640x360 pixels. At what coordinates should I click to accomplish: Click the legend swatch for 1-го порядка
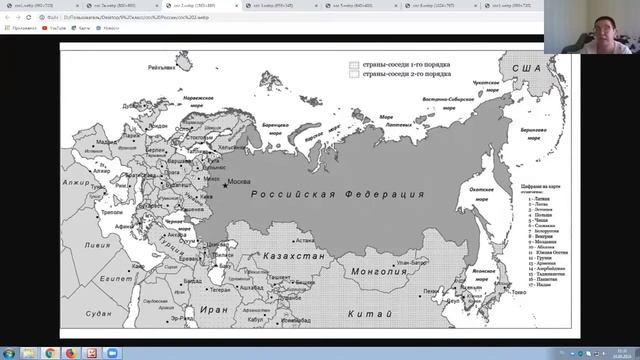pos(353,64)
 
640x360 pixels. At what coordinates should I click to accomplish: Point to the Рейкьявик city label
pos(161,68)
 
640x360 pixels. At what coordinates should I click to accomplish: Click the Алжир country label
pos(76,183)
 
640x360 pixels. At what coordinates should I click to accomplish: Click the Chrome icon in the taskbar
pos(73,352)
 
